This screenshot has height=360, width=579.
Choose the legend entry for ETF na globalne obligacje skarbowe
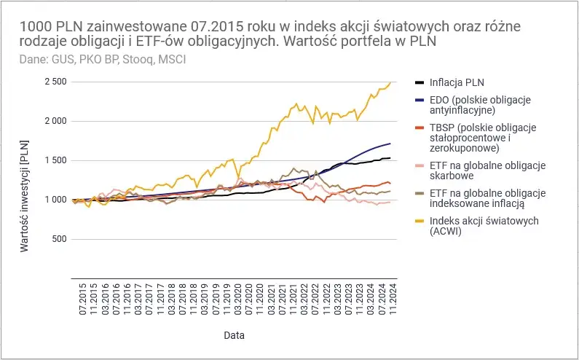click(x=489, y=171)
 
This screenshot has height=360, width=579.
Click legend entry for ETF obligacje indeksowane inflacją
click(x=489, y=197)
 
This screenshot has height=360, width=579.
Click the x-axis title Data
click(x=234, y=336)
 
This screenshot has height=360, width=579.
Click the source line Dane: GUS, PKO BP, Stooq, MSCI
click(x=92, y=58)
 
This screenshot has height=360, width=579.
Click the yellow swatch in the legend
click(x=420, y=221)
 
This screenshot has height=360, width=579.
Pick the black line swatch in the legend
click(x=420, y=82)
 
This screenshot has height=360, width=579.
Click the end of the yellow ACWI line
click(x=390, y=82)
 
